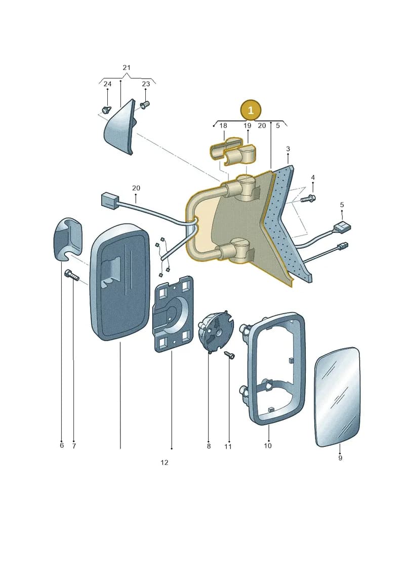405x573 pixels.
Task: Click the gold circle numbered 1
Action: (251, 110)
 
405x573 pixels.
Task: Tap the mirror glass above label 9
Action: (338, 397)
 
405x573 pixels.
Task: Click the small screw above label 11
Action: (229, 355)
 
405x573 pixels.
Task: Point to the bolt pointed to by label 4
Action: (308, 199)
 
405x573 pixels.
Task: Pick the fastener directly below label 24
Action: (106, 109)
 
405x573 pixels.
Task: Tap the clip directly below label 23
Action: (145, 105)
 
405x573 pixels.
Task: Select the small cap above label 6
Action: (68, 239)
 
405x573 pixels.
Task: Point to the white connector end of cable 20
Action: (108, 201)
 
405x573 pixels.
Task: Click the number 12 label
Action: (165, 463)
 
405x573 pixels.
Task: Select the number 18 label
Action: (223, 126)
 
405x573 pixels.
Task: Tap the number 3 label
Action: (288, 149)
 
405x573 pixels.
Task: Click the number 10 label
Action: (268, 446)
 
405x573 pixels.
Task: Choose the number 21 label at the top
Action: (127, 67)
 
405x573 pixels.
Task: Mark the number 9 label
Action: (340, 458)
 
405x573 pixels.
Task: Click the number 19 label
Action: (247, 126)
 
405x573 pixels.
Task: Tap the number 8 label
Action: (209, 446)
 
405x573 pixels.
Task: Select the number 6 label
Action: (62, 445)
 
